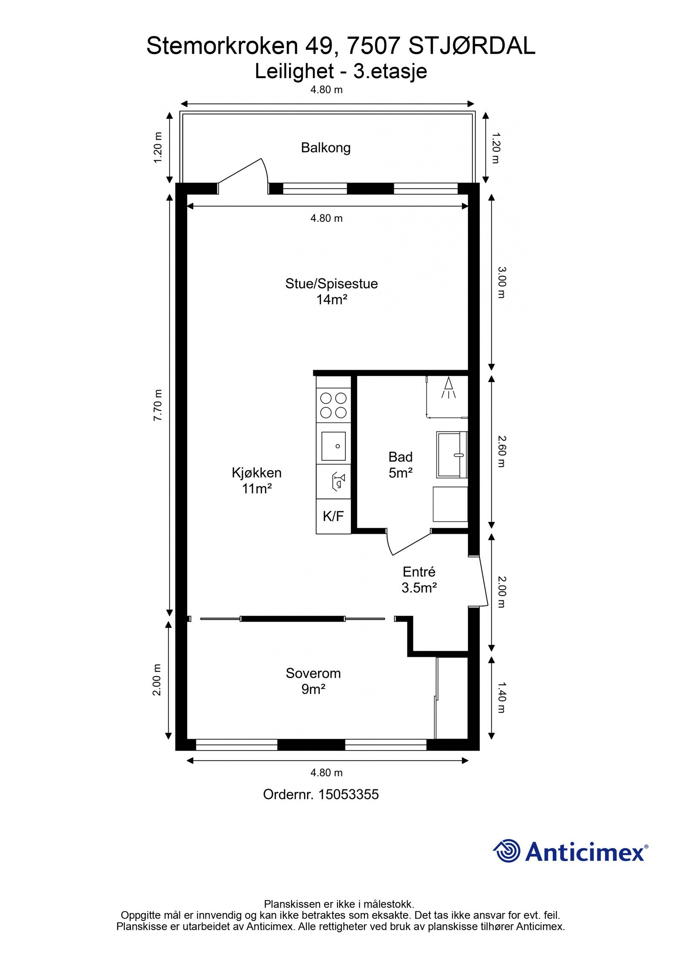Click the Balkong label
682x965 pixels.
click(326, 148)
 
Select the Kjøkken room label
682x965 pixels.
click(257, 481)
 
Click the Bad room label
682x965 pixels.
click(401, 465)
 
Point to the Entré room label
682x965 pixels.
click(419, 580)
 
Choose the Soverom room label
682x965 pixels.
click(313, 681)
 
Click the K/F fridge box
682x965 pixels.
click(333, 516)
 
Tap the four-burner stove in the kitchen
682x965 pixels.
click(333, 405)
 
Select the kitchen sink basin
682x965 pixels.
click(333, 446)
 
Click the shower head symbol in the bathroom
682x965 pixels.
click(448, 388)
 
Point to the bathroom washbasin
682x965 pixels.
click(452, 455)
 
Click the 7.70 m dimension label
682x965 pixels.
click(158, 405)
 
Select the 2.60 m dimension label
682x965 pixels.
click(502, 451)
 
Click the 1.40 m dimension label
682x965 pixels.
click(502, 698)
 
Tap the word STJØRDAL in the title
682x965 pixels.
click(472, 46)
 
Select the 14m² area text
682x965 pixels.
click(332, 300)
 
